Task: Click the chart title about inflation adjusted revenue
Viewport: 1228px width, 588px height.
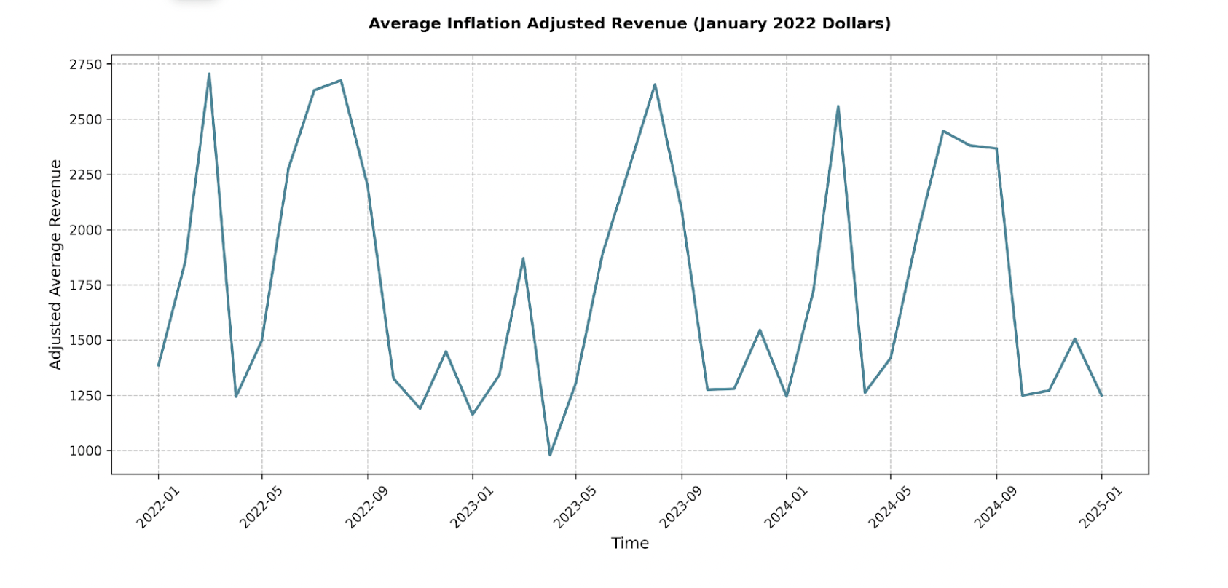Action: pyautogui.click(x=629, y=23)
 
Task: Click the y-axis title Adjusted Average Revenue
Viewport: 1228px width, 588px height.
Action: pyautogui.click(x=55, y=265)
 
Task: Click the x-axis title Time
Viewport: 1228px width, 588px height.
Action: pyautogui.click(x=630, y=543)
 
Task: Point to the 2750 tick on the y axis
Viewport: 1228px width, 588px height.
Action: pyautogui.click(x=86, y=64)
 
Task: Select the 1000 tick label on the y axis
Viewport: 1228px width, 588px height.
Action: pyautogui.click(x=86, y=450)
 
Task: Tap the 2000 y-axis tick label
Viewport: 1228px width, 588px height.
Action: pyautogui.click(x=86, y=230)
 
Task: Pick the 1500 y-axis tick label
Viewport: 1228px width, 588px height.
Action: pyautogui.click(x=86, y=340)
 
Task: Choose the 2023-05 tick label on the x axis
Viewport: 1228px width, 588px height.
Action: pyautogui.click(x=575, y=507)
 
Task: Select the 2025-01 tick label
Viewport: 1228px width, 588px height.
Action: pyautogui.click(x=1101, y=507)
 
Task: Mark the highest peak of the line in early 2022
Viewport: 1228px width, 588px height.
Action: pyautogui.click(x=209, y=73)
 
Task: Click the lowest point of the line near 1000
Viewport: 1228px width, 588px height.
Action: pyautogui.click(x=550, y=455)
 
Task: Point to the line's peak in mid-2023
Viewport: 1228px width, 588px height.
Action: pyautogui.click(x=655, y=84)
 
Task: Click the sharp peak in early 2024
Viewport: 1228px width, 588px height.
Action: pyautogui.click(x=838, y=106)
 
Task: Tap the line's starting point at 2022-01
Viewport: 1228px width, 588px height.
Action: pyautogui.click(x=158, y=365)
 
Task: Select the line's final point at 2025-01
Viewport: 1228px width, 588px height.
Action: pyautogui.click(x=1101, y=396)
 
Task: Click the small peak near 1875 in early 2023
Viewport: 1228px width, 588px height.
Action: pyautogui.click(x=523, y=258)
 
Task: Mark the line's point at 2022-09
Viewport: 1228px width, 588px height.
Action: pyautogui.click(x=367, y=186)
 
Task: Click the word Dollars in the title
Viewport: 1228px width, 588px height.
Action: pyautogui.click(x=859, y=23)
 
